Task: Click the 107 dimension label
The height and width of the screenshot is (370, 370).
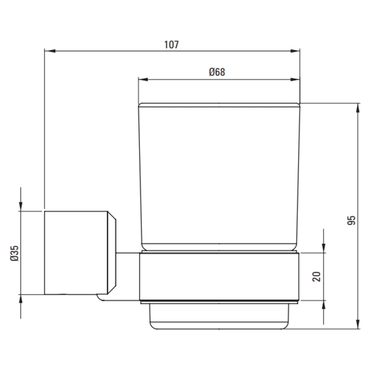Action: [171, 44]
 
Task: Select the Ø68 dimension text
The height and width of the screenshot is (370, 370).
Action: [217, 72]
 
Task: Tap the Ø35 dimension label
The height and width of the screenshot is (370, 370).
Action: [14, 253]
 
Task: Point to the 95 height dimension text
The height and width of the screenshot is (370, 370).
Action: [351, 220]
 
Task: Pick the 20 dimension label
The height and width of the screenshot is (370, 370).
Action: [316, 276]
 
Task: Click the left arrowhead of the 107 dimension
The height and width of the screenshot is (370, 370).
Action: [50, 50]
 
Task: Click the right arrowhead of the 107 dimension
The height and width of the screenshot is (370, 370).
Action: [294, 50]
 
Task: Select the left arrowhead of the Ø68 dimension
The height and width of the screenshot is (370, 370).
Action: [143, 79]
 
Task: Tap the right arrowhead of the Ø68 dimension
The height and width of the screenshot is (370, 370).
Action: [294, 79]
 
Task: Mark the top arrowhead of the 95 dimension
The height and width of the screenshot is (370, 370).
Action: [358, 108]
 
